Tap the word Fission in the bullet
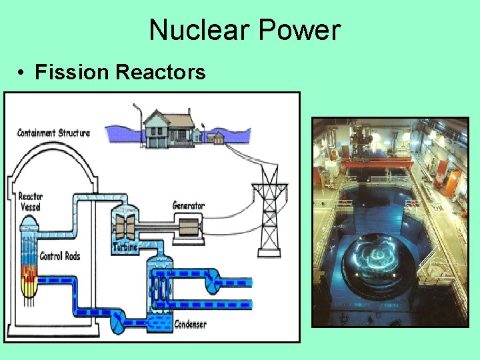(x=72, y=71)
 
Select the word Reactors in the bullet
(x=161, y=71)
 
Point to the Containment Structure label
(x=53, y=133)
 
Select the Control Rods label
(x=61, y=257)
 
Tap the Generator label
(x=188, y=205)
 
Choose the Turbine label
(x=125, y=247)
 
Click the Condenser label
(x=190, y=325)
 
